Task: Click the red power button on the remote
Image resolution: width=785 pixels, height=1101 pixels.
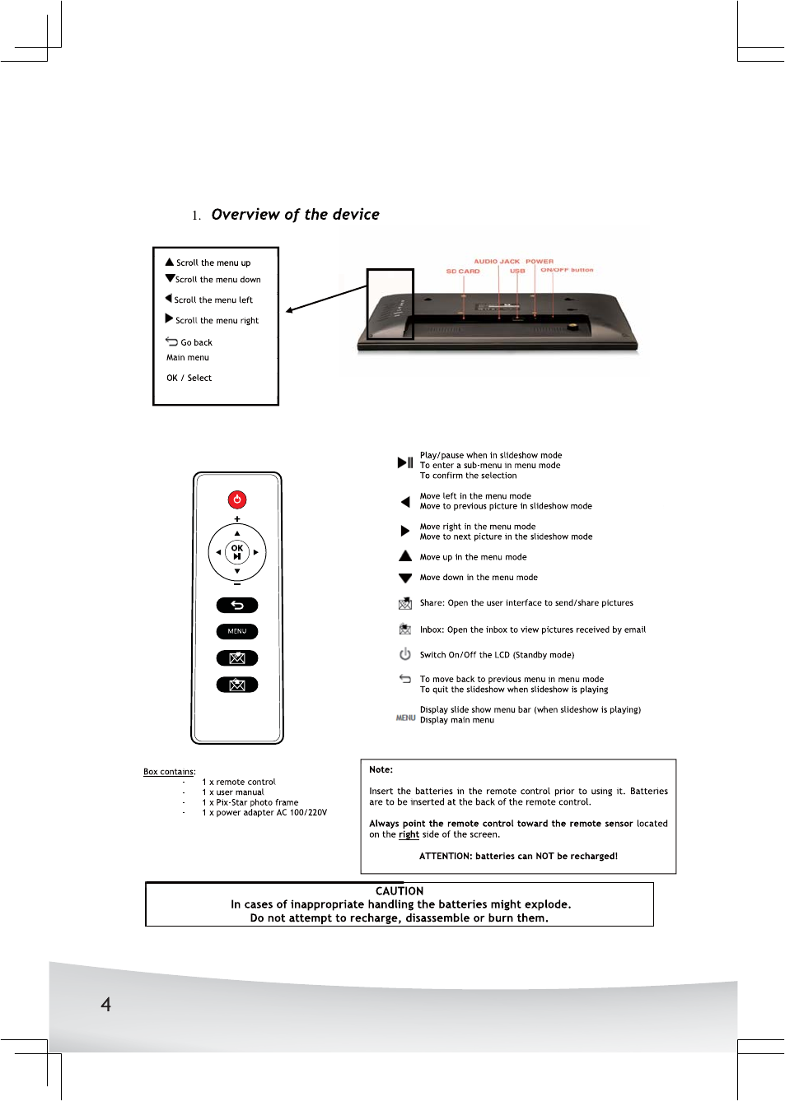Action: pos(237,499)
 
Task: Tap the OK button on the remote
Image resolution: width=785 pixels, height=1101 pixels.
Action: pos(237,551)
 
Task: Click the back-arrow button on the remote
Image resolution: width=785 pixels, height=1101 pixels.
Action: pos(237,606)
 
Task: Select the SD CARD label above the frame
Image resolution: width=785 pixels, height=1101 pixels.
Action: pos(463,271)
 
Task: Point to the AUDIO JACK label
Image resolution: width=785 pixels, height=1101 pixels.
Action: pos(497,262)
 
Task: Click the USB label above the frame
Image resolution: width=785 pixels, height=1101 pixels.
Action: pos(517,271)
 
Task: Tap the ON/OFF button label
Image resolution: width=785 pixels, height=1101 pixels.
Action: pos(567,270)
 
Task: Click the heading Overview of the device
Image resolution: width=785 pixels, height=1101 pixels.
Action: pos(295,215)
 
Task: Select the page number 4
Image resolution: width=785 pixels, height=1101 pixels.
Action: pos(105,1004)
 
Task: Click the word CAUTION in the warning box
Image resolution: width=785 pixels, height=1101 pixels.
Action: pos(400,891)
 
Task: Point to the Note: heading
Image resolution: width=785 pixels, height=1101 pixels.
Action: pos(381,770)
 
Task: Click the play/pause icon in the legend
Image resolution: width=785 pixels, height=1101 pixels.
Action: pos(405,462)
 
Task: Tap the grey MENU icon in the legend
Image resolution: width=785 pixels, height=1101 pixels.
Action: pos(405,718)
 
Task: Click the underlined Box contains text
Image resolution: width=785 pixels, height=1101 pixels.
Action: pos(169,772)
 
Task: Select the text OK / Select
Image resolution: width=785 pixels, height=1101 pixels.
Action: pos(189,379)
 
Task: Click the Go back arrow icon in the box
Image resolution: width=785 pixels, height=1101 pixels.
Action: pos(171,341)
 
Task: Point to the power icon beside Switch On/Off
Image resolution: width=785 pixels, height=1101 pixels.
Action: pos(405,654)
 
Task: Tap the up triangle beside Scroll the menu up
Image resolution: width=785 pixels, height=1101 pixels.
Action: pos(170,262)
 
